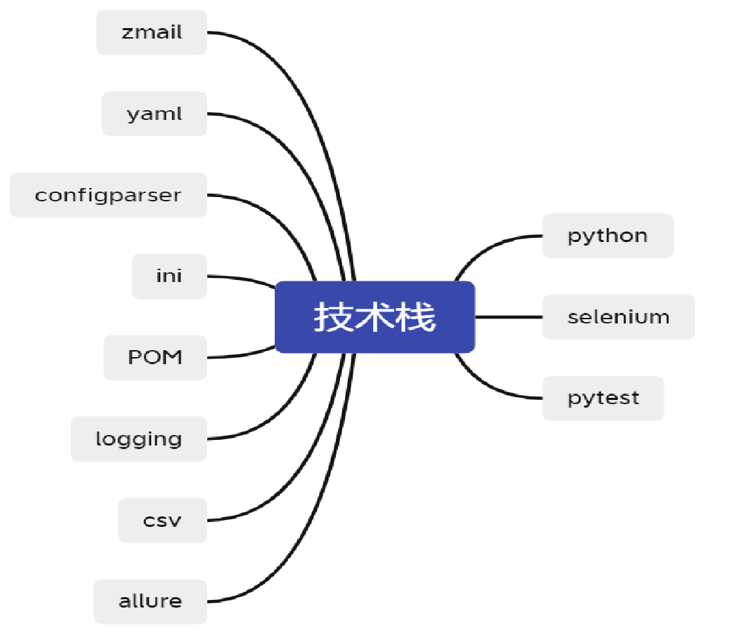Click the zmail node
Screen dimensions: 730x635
(152, 32)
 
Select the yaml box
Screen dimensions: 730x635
(154, 114)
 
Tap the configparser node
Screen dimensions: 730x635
(108, 195)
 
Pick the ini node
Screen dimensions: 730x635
(169, 276)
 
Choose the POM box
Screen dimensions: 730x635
(155, 357)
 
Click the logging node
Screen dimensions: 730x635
(138, 439)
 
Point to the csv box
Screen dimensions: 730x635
(162, 520)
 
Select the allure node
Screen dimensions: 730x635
(150, 601)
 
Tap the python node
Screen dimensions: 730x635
(608, 236)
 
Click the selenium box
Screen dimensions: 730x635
(619, 316)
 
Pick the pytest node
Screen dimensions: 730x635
(604, 399)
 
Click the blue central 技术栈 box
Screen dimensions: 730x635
(374, 317)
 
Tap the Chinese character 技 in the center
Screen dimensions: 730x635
(333, 317)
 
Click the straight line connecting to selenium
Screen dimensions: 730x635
(509, 317)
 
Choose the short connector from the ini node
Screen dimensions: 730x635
(242, 279)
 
